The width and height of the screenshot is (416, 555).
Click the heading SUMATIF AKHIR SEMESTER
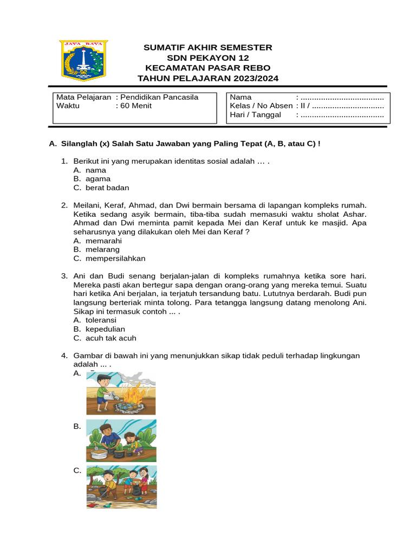pyautogui.click(x=207, y=48)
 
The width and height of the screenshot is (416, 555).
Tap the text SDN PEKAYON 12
pyautogui.click(x=207, y=58)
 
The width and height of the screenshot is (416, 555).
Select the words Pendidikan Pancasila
pyautogui.click(x=159, y=97)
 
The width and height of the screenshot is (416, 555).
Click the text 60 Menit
pyautogui.click(x=136, y=106)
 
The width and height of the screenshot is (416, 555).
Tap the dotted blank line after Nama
pyautogui.click(x=342, y=98)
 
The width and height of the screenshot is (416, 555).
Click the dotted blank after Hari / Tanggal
pyautogui.click(x=342, y=115)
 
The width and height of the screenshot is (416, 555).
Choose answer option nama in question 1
pyautogui.click(x=96, y=170)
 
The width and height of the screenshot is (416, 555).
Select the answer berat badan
pyautogui.click(x=107, y=188)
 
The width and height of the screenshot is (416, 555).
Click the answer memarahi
pyautogui.click(x=103, y=241)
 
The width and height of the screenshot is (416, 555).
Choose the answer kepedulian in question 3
pyautogui.click(x=105, y=329)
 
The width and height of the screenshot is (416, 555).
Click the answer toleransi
pyautogui.click(x=101, y=320)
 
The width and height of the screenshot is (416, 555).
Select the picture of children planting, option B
pyautogui.click(x=121, y=441)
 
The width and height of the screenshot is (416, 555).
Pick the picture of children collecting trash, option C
pyautogui.click(x=121, y=486)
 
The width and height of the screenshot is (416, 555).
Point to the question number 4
pyautogui.click(x=64, y=356)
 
